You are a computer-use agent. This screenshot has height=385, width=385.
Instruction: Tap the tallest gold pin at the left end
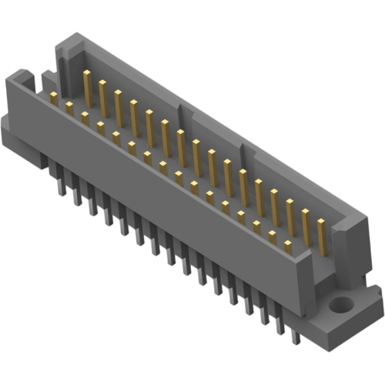tap(87, 85)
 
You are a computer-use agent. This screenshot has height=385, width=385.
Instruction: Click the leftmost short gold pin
tap(54, 98)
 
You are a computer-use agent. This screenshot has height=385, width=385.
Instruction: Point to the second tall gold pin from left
tap(102, 95)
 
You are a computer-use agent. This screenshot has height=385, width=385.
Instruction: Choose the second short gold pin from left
tap(69, 108)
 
